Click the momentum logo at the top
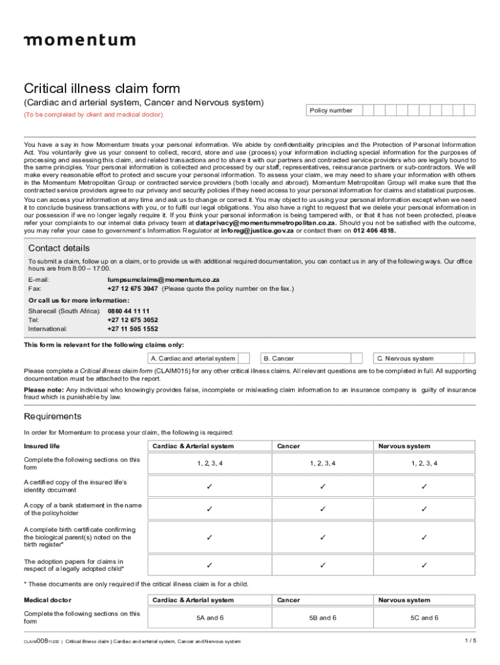[x=79, y=40]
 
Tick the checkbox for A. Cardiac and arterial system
[x=245, y=358]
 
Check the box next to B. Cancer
[x=356, y=358]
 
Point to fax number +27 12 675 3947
[x=132, y=288]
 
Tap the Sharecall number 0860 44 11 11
[x=129, y=311]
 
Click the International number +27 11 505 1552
[x=132, y=329]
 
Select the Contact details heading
[x=59, y=248]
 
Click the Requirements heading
[x=53, y=416]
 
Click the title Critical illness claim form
[x=102, y=88]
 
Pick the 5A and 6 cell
[x=209, y=618]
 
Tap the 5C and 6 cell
[x=423, y=618]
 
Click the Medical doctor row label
[x=47, y=600]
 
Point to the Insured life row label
[x=42, y=446]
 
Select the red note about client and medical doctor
[x=93, y=115]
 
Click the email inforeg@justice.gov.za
[x=257, y=231]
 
